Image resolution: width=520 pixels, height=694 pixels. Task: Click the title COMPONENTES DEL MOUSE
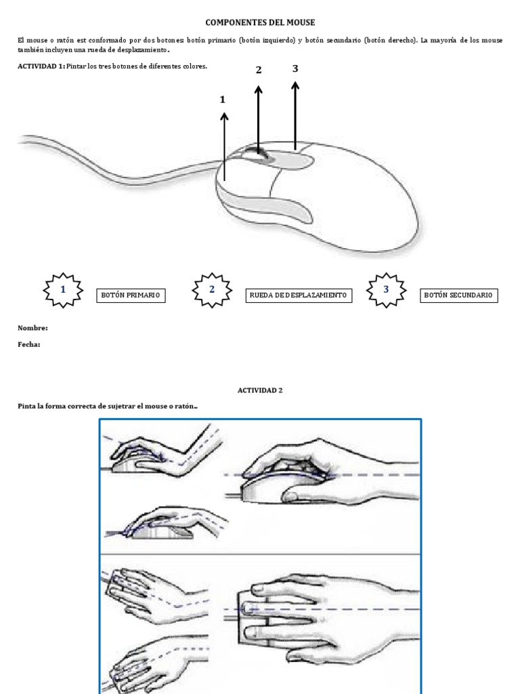(x=260, y=22)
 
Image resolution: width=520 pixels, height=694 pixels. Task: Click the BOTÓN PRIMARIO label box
(x=131, y=295)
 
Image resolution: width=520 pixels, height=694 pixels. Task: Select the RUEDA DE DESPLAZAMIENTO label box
(x=298, y=295)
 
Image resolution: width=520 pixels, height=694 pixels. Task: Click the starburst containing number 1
(x=63, y=289)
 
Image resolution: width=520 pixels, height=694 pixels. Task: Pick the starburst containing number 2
(x=212, y=289)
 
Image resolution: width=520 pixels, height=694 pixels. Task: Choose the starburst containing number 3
(x=386, y=289)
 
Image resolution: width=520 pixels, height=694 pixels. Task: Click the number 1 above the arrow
(x=222, y=100)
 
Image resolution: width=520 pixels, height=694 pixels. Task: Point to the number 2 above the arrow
(x=258, y=70)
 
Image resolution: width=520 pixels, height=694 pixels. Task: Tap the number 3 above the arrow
(x=295, y=68)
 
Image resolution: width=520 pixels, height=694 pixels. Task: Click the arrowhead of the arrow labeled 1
(x=224, y=117)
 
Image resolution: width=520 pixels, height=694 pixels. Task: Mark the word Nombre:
(x=32, y=328)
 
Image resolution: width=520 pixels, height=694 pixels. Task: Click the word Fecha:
(x=29, y=344)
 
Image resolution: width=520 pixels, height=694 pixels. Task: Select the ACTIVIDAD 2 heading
(x=260, y=390)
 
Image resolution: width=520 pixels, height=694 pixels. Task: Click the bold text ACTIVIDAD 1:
(x=41, y=66)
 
